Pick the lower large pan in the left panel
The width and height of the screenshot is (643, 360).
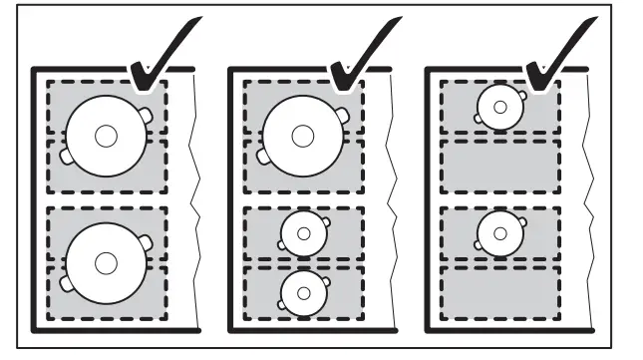pyautogui.click(x=106, y=261)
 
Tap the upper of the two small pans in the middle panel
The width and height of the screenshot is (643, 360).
pyautogui.click(x=302, y=233)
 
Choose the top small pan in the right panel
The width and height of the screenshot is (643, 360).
pyautogui.click(x=499, y=107)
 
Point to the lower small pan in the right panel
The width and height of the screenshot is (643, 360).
pyautogui.click(x=499, y=233)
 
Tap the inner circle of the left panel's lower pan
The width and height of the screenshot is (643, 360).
pyautogui.click(x=106, y=261)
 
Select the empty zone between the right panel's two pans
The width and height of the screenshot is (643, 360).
pyautogui.click(x=499, y=165)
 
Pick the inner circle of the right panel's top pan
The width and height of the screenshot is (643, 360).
pyautogui.click(x=499, y=107)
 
